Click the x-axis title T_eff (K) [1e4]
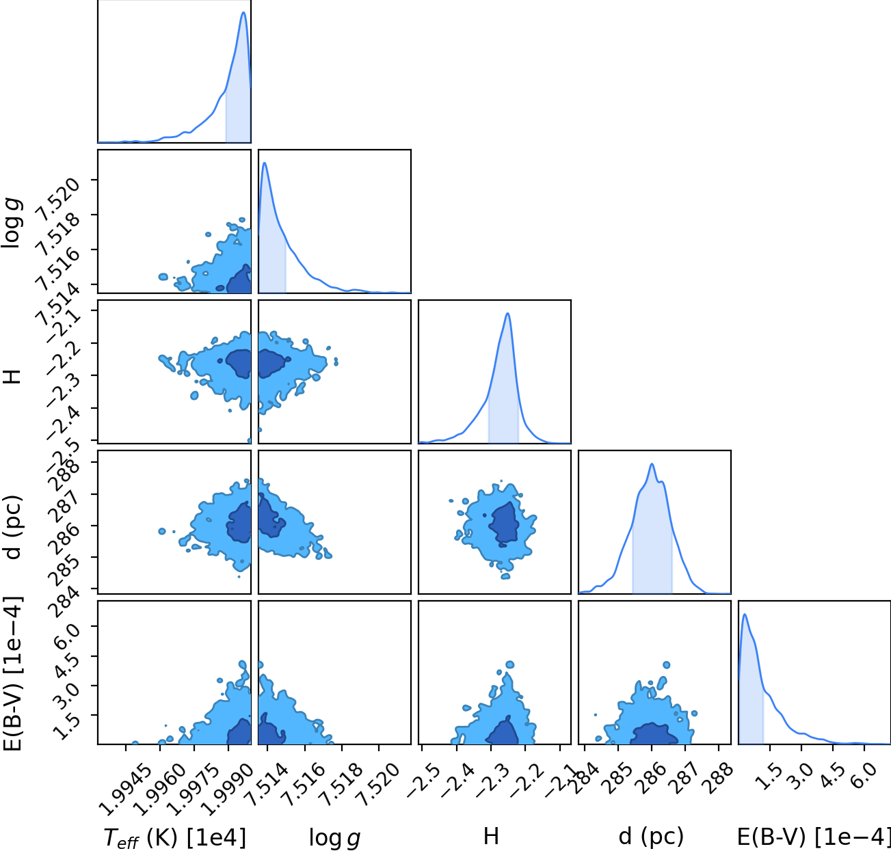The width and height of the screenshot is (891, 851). click(175, 837)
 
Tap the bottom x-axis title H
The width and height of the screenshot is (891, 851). click(491, 836)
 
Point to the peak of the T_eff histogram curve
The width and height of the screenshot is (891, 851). click(243, 12)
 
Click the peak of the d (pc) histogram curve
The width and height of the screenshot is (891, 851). click(652, 464)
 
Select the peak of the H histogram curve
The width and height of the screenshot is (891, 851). click(508, 314)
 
